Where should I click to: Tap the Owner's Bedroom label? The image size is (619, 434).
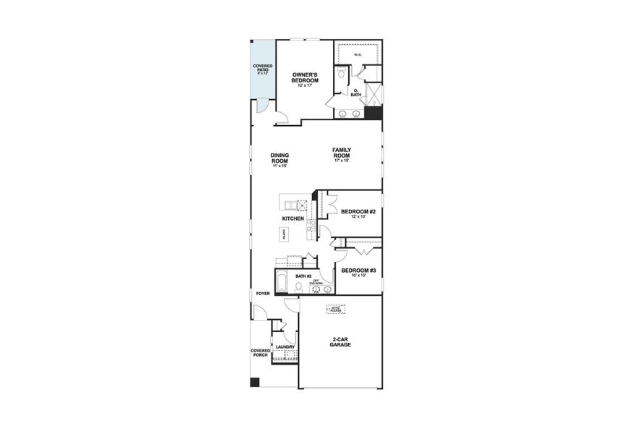[305, 78]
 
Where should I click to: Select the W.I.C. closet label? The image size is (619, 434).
[358, 55]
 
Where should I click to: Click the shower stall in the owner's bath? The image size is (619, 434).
[374, 95]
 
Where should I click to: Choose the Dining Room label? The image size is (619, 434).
[279, 160]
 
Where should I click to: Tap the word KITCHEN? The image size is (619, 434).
[292, 218]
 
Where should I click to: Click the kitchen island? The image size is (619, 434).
[285, 234]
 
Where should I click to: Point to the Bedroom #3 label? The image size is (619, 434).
[358, 273]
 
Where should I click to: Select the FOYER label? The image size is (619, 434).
[263, 294]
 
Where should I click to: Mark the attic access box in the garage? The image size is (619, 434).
[336, 309]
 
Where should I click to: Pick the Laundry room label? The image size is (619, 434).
[285, 346]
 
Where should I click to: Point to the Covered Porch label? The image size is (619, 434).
[261, 353]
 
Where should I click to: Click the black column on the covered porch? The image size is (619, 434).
[254, 382]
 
